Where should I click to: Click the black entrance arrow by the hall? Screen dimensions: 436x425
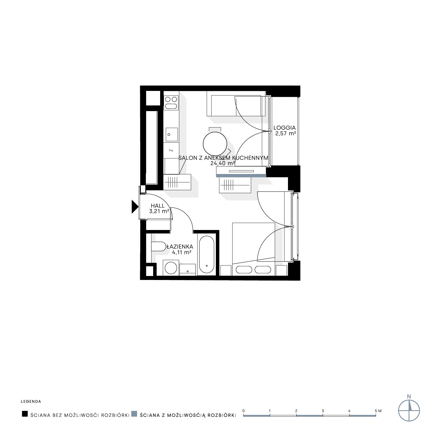pos(135,207)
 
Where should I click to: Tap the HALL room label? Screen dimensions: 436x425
pos(158,206)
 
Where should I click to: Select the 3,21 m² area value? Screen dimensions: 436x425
pos(159,211)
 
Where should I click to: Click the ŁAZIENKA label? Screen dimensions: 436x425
pos(180,246)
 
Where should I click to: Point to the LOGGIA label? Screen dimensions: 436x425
pos(284,128)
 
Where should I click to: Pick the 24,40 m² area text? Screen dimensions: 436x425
pos(223,163)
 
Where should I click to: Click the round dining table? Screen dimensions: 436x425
pos(215,143)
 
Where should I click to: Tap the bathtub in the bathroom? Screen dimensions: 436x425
pos(206,255)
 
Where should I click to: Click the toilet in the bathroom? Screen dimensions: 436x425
pos(159,246)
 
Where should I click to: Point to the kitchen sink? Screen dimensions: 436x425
pos(172,134)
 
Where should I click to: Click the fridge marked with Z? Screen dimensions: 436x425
pos(171,150)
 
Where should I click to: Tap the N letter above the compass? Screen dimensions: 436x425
pos(409,396)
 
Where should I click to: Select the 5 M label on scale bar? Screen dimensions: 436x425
pos(378,411)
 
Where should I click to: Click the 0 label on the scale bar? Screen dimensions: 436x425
pos(244,411)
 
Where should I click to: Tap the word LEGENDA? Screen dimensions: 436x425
pos(31,402)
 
